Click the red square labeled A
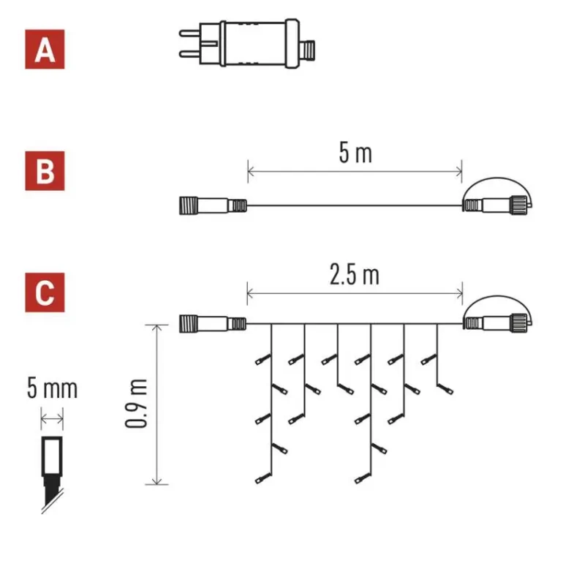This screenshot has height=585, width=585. [x=45, y=50]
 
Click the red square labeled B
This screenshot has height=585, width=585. [x=45, y=171]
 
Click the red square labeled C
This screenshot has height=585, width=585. [x=45, y=292]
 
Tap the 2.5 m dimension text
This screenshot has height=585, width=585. [x=355, y=276]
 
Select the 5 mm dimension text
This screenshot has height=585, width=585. [x=51, y=388]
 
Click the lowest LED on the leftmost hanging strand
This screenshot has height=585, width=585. [x=261, y=480]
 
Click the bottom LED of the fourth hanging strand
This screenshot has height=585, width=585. [x=359, y=480]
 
